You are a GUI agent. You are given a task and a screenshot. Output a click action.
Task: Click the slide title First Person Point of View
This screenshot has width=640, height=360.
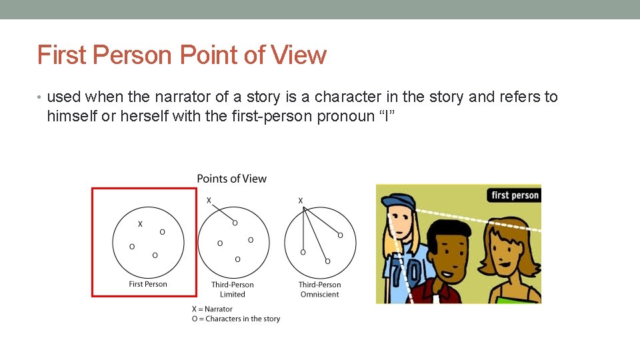[x=182, y=55]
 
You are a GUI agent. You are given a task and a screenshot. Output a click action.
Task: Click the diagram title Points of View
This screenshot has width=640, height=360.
[x=231, y=179]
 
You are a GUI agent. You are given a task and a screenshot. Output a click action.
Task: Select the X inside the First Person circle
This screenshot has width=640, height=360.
[x=139, y=225]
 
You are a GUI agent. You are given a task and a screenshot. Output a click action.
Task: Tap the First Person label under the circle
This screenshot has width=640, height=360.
[x=148, y=284]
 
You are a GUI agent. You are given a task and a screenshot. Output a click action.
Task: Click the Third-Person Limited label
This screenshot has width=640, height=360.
[x=233, y=289]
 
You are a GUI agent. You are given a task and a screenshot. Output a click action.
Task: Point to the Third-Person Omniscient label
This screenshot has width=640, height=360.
[x=319, y=289]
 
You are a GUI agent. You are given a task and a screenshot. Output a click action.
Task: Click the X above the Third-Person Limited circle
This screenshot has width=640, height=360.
[x=209, y=200]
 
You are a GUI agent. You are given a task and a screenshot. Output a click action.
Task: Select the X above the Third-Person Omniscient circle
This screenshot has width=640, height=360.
[x=300, y=200]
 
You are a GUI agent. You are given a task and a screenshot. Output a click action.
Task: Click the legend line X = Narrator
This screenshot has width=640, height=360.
[x=212, y=309]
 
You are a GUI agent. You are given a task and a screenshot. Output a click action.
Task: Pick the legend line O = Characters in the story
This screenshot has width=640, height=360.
[x=236, y=319]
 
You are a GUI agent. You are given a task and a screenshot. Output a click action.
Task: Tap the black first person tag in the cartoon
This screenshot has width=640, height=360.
[x=515, y=195]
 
